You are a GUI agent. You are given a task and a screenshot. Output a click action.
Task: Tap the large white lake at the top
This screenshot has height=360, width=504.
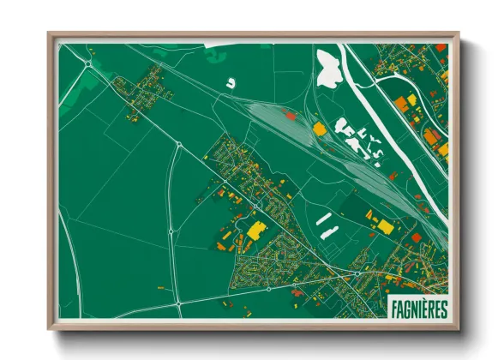coord(328,69)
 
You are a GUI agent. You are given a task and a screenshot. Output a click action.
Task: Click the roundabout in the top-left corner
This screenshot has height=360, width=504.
coord(88,62)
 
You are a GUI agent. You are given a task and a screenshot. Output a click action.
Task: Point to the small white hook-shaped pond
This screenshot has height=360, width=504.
coord(231,84)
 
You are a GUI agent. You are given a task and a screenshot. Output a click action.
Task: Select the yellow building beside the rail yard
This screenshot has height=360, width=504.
coord(320,129)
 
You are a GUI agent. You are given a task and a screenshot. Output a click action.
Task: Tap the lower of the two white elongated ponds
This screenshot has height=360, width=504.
coord(328,231)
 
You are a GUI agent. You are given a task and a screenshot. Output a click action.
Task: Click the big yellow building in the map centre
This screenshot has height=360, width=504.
coord(255,229)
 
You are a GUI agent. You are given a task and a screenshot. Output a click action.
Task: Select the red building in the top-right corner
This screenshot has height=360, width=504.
coord(441,48)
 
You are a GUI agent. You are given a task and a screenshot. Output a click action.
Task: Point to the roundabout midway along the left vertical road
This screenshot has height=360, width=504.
coord(171,231)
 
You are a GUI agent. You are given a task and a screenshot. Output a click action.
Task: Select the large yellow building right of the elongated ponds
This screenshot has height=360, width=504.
coord(386,226)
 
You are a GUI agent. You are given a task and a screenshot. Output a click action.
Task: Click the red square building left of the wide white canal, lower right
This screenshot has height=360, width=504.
coord(417,237)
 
